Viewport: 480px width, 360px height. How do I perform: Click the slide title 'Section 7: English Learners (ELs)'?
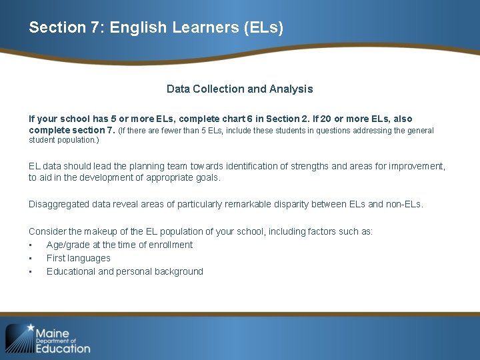click(156, 28)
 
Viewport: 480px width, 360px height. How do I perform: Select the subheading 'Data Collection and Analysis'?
click(239, 89)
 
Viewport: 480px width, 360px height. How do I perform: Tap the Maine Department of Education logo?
click(48, 339)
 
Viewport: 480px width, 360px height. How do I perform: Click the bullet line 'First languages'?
click(78, 258)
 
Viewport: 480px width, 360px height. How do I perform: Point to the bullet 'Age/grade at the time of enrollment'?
click(119, 245)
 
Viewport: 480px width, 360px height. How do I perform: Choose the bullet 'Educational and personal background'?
click(125, 271)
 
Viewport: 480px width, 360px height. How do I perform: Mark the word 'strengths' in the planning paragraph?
click(351, 166)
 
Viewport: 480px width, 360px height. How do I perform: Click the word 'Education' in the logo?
click(63, 348)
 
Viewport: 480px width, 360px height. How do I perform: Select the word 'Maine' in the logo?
click(52, 333)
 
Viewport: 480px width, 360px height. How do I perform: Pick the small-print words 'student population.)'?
click(64, 140)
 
